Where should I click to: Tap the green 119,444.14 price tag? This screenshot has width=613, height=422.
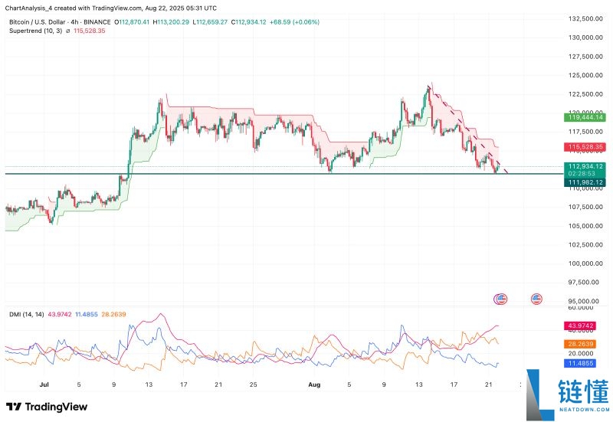586,117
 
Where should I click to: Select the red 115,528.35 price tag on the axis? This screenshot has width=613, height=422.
586,146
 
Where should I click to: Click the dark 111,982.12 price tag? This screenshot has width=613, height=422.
586,182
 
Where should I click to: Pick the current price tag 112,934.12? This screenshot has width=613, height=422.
586,166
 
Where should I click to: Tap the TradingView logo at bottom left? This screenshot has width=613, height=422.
47,407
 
